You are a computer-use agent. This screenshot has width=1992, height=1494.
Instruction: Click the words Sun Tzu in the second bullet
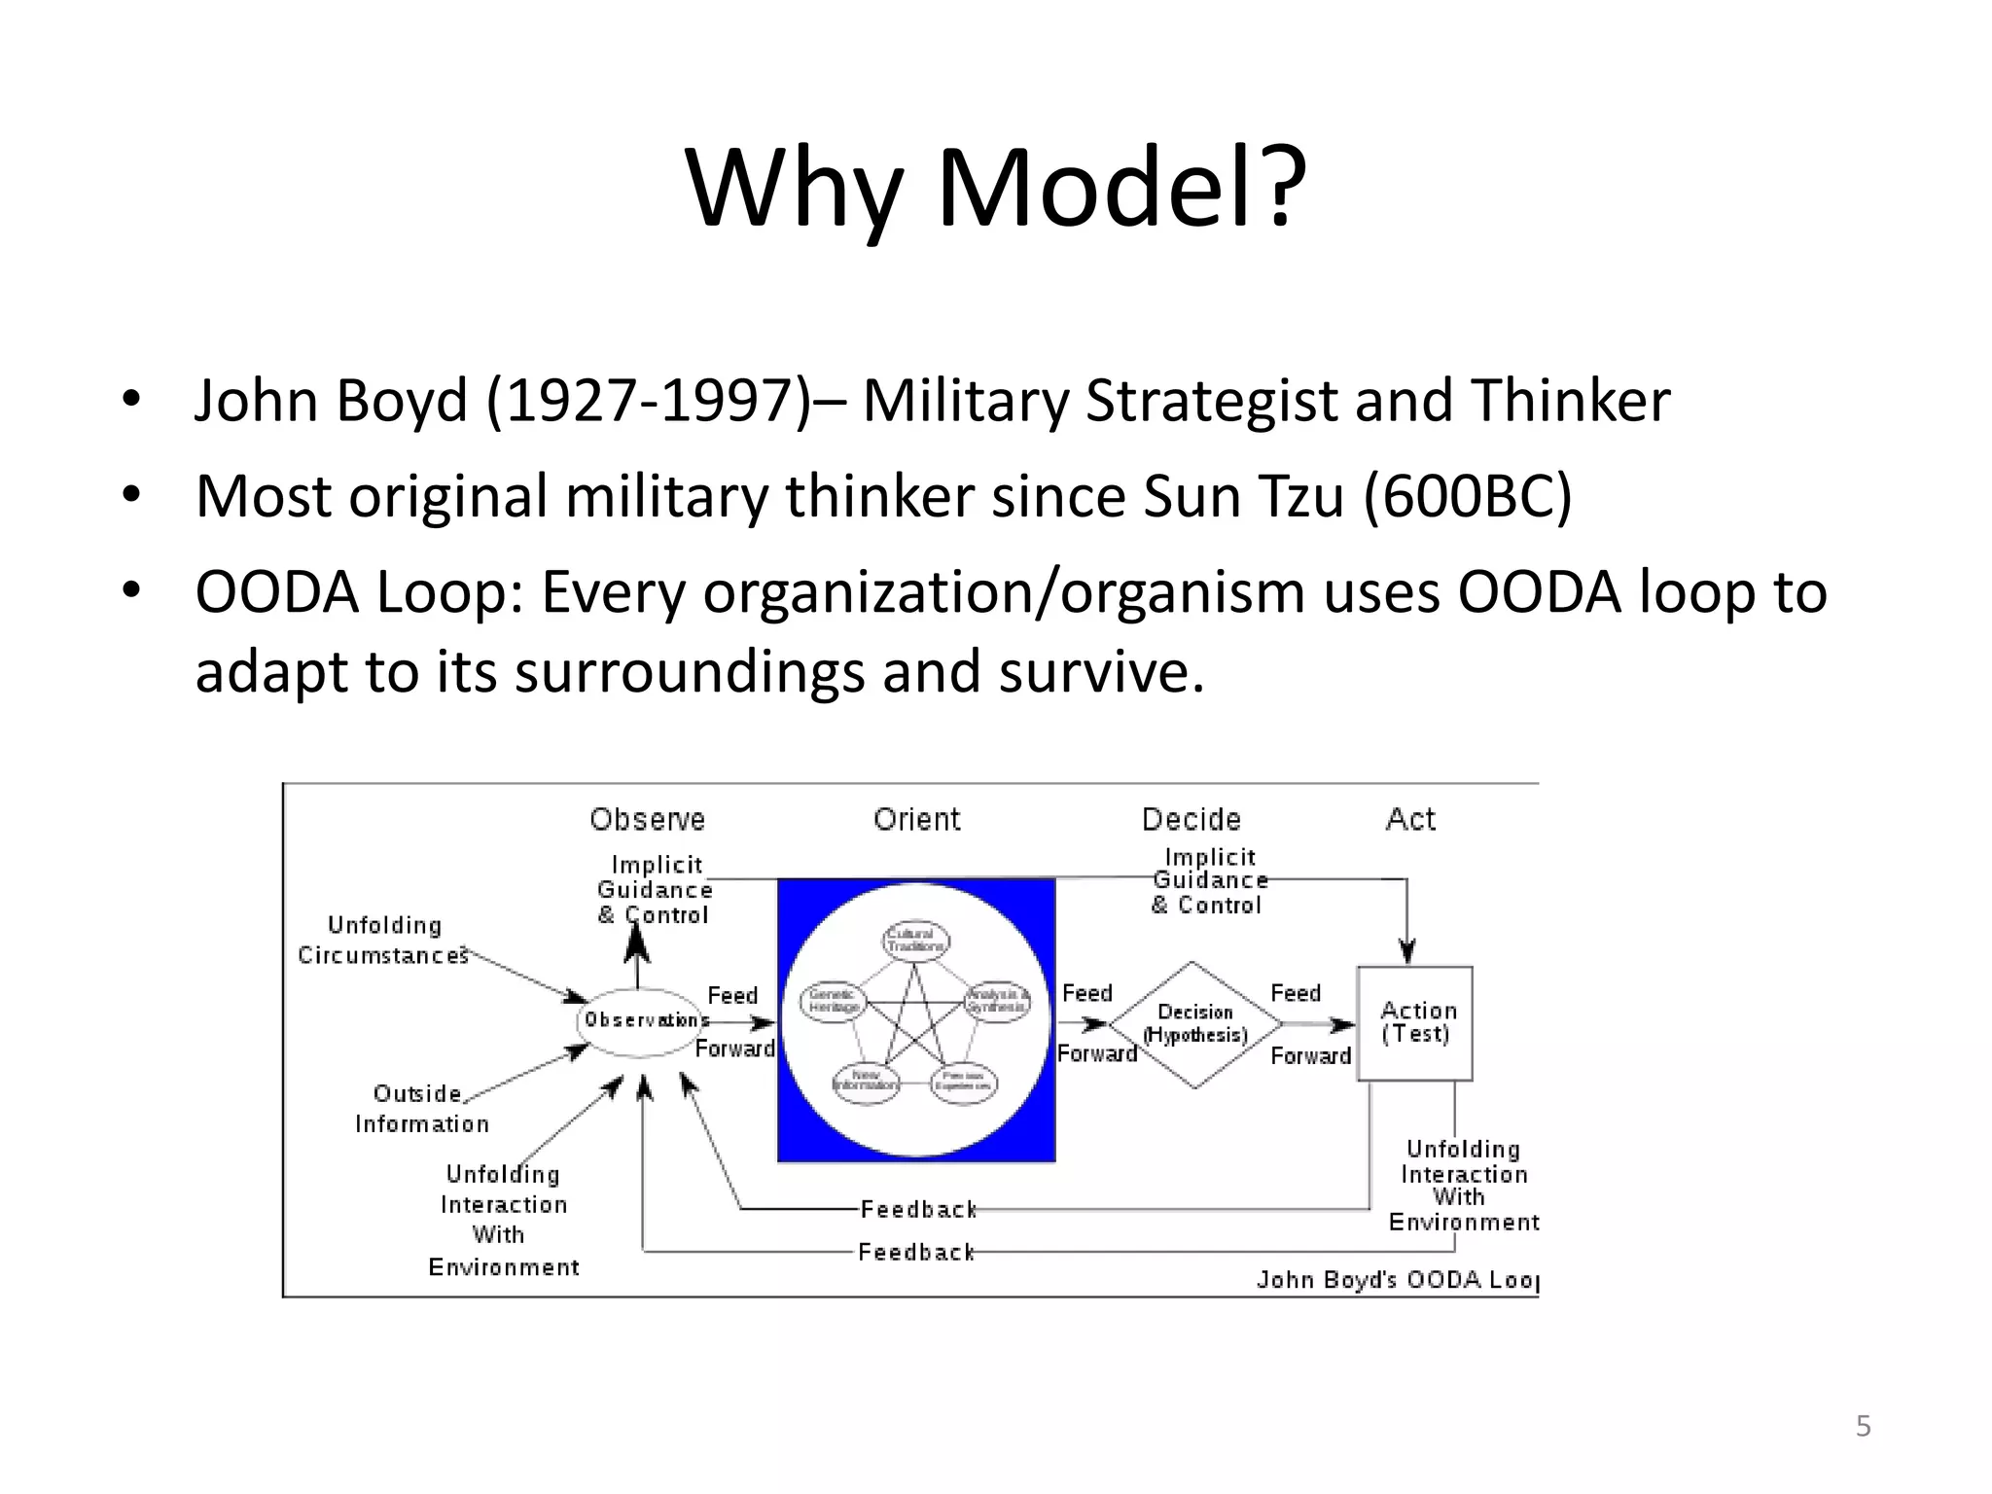point(1243,496)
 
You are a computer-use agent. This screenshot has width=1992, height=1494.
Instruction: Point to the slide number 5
point(1863,1426)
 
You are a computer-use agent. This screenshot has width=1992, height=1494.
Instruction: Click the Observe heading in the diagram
point(647,819)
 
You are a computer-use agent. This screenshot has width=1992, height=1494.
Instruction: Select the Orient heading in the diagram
point(916,819)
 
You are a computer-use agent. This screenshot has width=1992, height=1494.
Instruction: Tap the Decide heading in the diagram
point(1191,819)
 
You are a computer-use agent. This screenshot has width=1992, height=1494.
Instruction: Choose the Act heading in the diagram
point(1409,819)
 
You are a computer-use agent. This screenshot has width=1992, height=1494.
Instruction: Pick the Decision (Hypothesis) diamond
point(1194,1024)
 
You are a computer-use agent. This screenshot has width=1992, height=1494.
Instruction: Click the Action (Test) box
point(1415,1023)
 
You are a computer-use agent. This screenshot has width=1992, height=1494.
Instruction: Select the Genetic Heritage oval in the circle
point(833,1000)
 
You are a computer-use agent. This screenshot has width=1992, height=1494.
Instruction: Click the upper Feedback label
point(918,1209)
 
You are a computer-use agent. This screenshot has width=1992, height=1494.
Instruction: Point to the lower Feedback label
point(915,1252)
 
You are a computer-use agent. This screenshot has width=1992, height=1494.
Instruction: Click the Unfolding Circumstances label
point(383,940)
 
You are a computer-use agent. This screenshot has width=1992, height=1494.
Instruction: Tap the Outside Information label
point(420,1108)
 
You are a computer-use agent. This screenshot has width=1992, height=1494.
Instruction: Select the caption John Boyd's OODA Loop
point(1397,1279)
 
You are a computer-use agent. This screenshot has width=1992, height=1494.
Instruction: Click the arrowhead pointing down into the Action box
point(1406,950)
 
